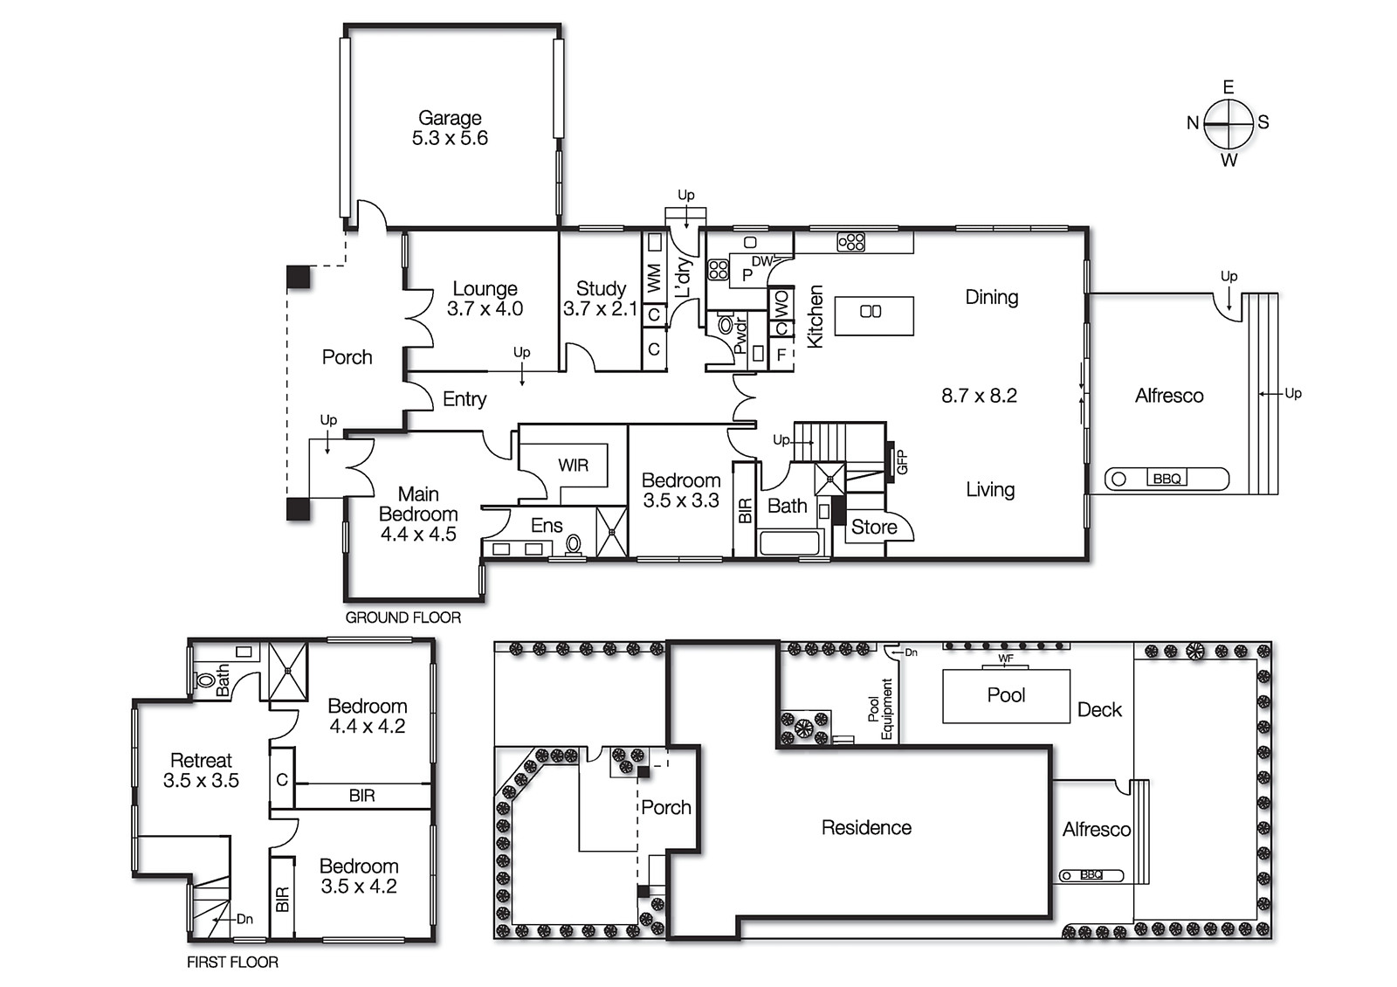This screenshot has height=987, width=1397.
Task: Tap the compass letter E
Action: (1228, 87)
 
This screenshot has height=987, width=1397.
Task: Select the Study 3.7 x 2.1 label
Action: (601, 299)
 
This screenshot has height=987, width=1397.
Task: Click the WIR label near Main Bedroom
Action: (574, 466)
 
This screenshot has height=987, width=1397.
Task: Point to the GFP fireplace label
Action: (903, 461)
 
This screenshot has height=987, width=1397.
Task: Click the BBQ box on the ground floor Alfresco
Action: (1166, 479)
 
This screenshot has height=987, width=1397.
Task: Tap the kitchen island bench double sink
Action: (871, 312)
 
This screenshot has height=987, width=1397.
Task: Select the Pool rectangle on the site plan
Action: (1006, 695)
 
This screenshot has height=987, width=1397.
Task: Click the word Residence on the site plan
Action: (866, 827)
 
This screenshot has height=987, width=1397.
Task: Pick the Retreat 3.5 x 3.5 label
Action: (201, 770)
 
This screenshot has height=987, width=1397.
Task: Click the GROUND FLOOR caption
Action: (403, 618)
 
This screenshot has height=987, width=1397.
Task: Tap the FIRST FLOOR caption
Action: (232, 962)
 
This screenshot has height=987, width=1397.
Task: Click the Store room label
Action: (874, 527)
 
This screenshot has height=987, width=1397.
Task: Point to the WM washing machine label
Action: (654, 279)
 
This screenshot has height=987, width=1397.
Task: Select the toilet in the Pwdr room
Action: (726, 325)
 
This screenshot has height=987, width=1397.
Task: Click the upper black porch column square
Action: (299, 277)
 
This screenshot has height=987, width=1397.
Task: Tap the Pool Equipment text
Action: (880, 709)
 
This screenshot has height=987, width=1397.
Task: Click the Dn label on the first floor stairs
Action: (244, 919)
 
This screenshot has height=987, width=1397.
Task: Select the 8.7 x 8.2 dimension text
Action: (979, 396)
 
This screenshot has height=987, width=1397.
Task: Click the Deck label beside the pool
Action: (1099, 710)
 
